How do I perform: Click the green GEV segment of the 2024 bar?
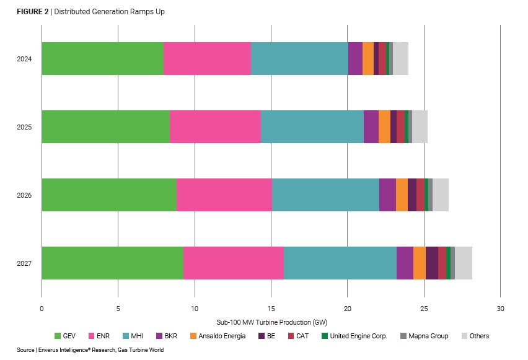click(102, 59)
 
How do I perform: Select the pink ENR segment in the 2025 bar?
click(215, 127)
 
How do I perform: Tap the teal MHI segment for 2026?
click(325, 195)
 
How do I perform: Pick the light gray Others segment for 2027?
click(464, 263)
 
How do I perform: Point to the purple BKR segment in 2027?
click(405, 263)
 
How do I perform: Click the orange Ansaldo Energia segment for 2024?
click(368, 59)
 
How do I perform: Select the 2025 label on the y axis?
click(24, 127)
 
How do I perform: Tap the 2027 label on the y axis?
click(24, 263)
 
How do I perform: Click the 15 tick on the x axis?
click(271, 309)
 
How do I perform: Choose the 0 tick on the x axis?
click(42, 309)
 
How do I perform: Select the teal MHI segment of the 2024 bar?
click(299, 59)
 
